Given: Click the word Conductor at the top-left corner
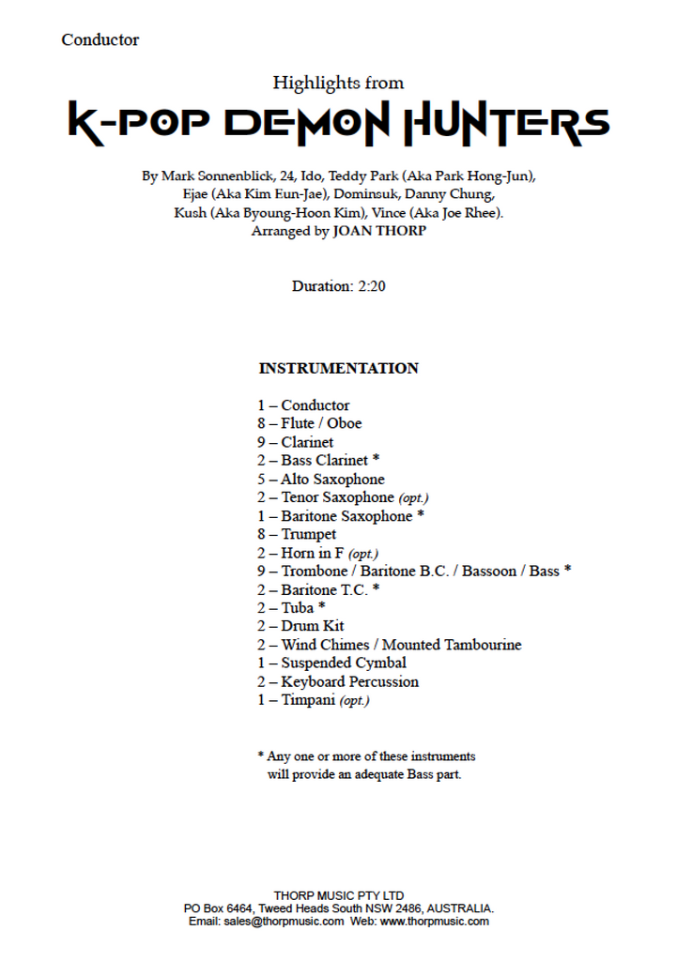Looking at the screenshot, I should point(100,39).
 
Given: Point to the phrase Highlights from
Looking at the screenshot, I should point(338,83).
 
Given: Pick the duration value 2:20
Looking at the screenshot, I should point(371,285).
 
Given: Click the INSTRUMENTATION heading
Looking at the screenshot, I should point(338,368).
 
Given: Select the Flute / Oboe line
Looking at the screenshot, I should point(320,423).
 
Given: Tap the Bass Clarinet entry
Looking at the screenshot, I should point(324,460).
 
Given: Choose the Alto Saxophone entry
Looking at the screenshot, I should point(332,479).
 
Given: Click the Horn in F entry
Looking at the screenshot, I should point(313,553).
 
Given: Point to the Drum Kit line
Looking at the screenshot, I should point(312,626).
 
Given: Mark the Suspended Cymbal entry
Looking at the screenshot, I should point(343,663).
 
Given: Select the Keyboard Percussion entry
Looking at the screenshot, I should point(349,681).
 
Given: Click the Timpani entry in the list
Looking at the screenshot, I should point(308,700).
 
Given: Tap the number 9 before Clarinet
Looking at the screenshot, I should point(262,442).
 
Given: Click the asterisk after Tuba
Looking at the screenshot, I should point(322,607).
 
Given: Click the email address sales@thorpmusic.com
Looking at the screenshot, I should point(284,922).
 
